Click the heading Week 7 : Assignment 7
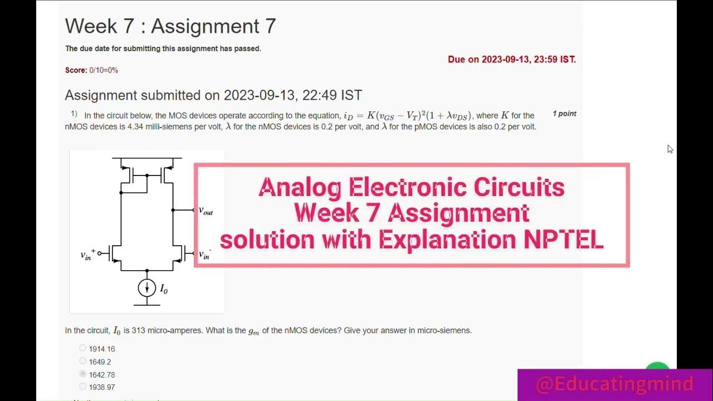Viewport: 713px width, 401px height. (170, 26)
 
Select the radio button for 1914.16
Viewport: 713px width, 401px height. (83, 348)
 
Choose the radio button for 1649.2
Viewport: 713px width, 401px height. (83, 361)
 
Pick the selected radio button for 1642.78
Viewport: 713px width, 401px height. (83, 374)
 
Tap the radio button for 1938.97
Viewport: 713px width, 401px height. (83, 387)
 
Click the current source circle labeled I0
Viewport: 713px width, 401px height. (147, 287)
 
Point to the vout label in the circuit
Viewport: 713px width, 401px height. (206, 211)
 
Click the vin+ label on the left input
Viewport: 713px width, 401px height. (87, 254)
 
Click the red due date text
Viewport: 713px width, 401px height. (511, 60)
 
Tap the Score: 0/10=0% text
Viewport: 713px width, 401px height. (91, 70)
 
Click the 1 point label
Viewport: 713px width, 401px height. (564, 114)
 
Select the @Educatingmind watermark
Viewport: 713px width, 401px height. (614, 384)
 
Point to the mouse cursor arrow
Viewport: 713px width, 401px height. (670, 149)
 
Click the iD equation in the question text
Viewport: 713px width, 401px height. (407, 116)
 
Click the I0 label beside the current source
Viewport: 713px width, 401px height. (164, 288)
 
